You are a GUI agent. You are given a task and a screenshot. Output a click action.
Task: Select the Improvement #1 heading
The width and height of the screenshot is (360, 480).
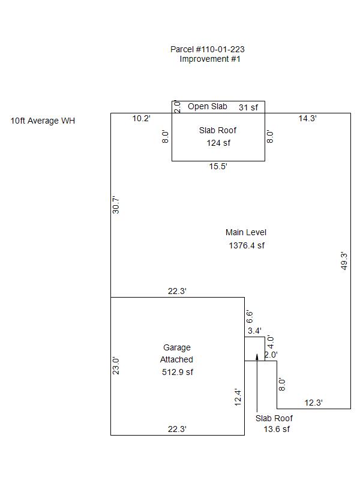pyautogui.click(x=210, y=59)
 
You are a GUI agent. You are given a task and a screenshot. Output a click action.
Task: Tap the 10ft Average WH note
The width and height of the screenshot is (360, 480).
pyautogui.click(x=43, y=121)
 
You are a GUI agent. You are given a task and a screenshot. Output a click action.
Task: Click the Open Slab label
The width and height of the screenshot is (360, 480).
pyautogui.click(x=208, y=106)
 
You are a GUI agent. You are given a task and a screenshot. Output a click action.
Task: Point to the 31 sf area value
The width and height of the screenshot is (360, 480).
pyautogui.click(x=248, y=107)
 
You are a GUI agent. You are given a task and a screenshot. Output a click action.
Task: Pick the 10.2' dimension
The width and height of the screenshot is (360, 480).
pyautogui.click(x=142, y=119)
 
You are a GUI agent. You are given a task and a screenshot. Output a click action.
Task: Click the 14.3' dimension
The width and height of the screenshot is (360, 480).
pyautogui.click(x=308, y=119)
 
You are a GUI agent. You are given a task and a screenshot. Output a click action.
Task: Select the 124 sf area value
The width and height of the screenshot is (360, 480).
pyautogui.click(x=218, y=143)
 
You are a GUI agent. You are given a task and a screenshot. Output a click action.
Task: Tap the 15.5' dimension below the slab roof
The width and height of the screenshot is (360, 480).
pyautogui.click(x=218, y=167)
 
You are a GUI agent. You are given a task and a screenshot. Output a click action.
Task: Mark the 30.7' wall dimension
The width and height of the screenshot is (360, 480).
pyautogui.click(x=116, y=205)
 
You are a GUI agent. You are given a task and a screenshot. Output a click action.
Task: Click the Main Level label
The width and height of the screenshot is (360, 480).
pyautogui.click(x=246, y=232)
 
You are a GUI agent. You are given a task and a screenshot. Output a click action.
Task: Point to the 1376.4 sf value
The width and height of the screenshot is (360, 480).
pyautogui.click(x=247, y=245)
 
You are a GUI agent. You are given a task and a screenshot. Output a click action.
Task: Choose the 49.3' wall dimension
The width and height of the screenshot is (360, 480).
pyautogui.click(x=344, y=261)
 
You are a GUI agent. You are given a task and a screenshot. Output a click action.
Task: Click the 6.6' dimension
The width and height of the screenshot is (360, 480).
pyautogui.click(x=250, y=316)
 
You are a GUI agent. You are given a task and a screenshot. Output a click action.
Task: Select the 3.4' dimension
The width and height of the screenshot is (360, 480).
pyautogui.click(x=254, y=331)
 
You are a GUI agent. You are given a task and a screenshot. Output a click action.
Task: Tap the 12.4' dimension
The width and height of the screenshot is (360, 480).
pyautogui.click(x=238, y=397)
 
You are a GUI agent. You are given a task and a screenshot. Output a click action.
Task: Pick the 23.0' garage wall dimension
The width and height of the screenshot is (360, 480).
pyautogui.click(x=116, y=366)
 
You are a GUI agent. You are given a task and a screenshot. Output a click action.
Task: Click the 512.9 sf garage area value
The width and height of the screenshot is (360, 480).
pyautogui.click(x=178, y=372)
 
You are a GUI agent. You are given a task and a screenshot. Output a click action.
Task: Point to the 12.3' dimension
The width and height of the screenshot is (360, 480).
pyautogui.click(x=313, y=403)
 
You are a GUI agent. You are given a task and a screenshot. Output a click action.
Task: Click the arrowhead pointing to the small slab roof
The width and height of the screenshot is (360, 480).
pyautogui.click(x=257, y=356)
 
